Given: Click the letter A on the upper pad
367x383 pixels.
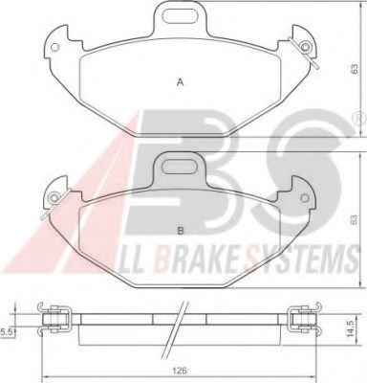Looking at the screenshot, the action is (181, 82).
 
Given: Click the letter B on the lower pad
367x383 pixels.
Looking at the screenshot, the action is (181, 231).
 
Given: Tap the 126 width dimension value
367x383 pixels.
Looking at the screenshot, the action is (180, 371).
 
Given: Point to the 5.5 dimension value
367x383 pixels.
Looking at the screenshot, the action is (6, 332).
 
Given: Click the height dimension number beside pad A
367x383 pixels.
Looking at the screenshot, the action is (355, 69).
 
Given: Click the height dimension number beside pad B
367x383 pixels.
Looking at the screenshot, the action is (355, 220).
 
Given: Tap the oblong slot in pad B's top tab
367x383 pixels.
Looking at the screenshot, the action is (180, 166).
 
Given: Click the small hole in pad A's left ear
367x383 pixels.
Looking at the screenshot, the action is (55, 47).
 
